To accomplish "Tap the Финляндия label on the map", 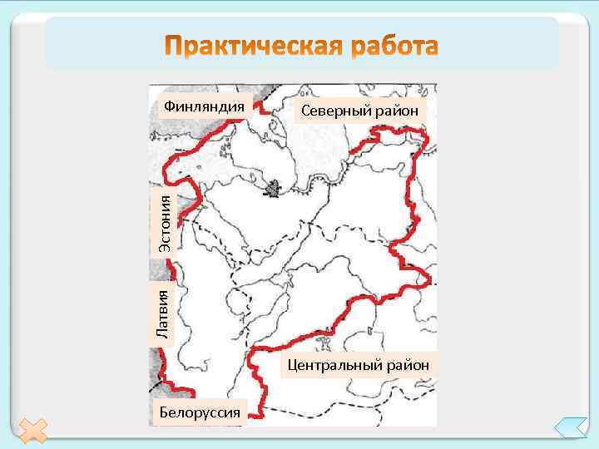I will pos(205,106).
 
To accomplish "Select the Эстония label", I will pos(166,224).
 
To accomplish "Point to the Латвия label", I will pos(164,313).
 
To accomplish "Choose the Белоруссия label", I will pos(199,411).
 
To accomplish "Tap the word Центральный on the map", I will pos(334,364).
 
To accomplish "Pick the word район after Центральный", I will pos(407,364).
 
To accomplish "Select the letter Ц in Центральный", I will pos(292,364).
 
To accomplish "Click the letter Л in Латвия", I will pos(164,333).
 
